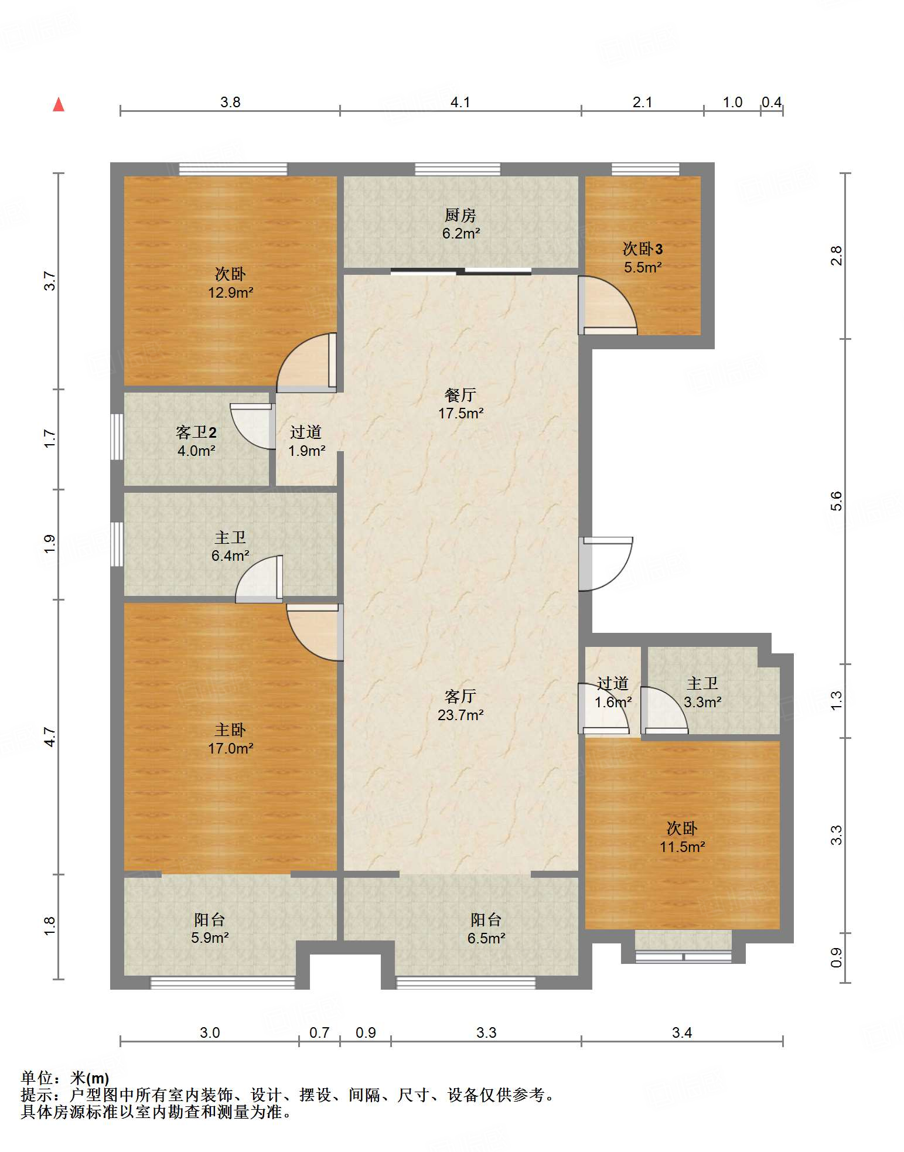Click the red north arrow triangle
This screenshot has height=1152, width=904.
tap(59, 104)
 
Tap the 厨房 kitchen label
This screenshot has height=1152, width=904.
tap(460, 215)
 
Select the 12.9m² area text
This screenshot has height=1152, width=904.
tap(231, 292)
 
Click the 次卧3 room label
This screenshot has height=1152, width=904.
tap(643, 249)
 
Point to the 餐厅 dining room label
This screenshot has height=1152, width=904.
tap(460, 395)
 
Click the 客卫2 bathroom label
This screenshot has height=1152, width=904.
tap(196, 432)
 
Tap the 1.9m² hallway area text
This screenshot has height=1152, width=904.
tap(307, 451)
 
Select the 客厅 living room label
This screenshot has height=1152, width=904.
tap(460, 696)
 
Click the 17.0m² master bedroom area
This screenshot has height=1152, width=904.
tap(231, 748)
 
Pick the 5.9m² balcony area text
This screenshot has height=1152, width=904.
tap(210, 938)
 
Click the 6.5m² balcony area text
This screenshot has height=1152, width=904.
tap(486, 938)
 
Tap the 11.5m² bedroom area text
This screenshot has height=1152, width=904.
tap(683, 847)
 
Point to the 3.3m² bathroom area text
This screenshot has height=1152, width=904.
tap(702, 701)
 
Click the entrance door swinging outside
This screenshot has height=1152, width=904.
tap(606, 564)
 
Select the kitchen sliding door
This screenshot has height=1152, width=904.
tap(461, 271)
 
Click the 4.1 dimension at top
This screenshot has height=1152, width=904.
tap(460, 102)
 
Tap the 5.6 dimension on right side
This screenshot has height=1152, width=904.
tap(836, 502)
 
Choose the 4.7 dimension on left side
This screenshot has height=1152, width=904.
tap(50, 737)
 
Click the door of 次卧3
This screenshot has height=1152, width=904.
tap(608, 305)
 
